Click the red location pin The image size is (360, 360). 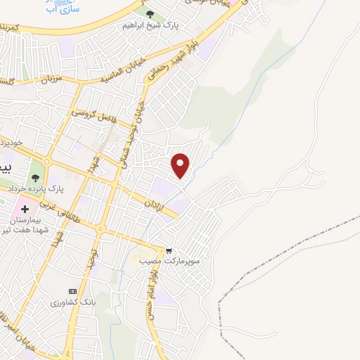coord(181,164)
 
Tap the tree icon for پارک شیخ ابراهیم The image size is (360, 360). coord(150,14)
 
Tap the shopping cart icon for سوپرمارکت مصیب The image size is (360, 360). coord(169,250)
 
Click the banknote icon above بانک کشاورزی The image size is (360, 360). coord(72,291)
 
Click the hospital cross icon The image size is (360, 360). coord(25,210)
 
